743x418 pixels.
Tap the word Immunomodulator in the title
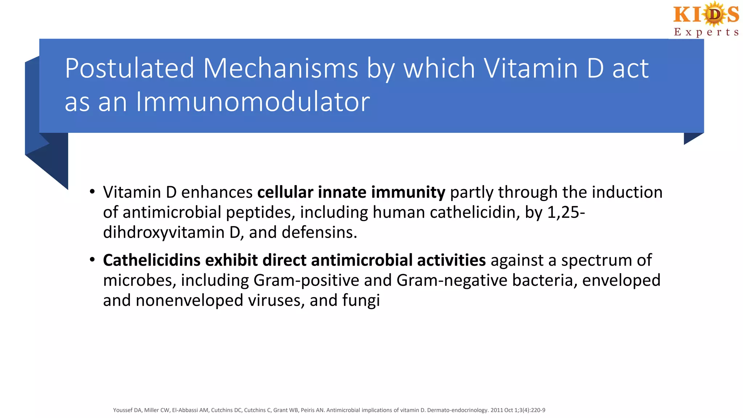[x=253, y=102]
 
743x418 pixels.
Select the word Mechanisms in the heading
[x=280, y=68]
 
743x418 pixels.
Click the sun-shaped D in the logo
[x=714, y=15]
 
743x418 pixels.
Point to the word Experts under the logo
[x=706, y=32]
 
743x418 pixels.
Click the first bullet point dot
[x=93, y=192]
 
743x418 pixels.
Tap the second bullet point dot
[x=93, y=260]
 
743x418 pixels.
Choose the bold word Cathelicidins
[x=151, y=260]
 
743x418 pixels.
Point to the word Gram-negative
[x=452, y=280]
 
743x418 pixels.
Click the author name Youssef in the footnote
[x=123, y=410]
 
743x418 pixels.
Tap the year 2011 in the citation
[x=497, y=410]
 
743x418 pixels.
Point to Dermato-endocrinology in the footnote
[x=457, y=410]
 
